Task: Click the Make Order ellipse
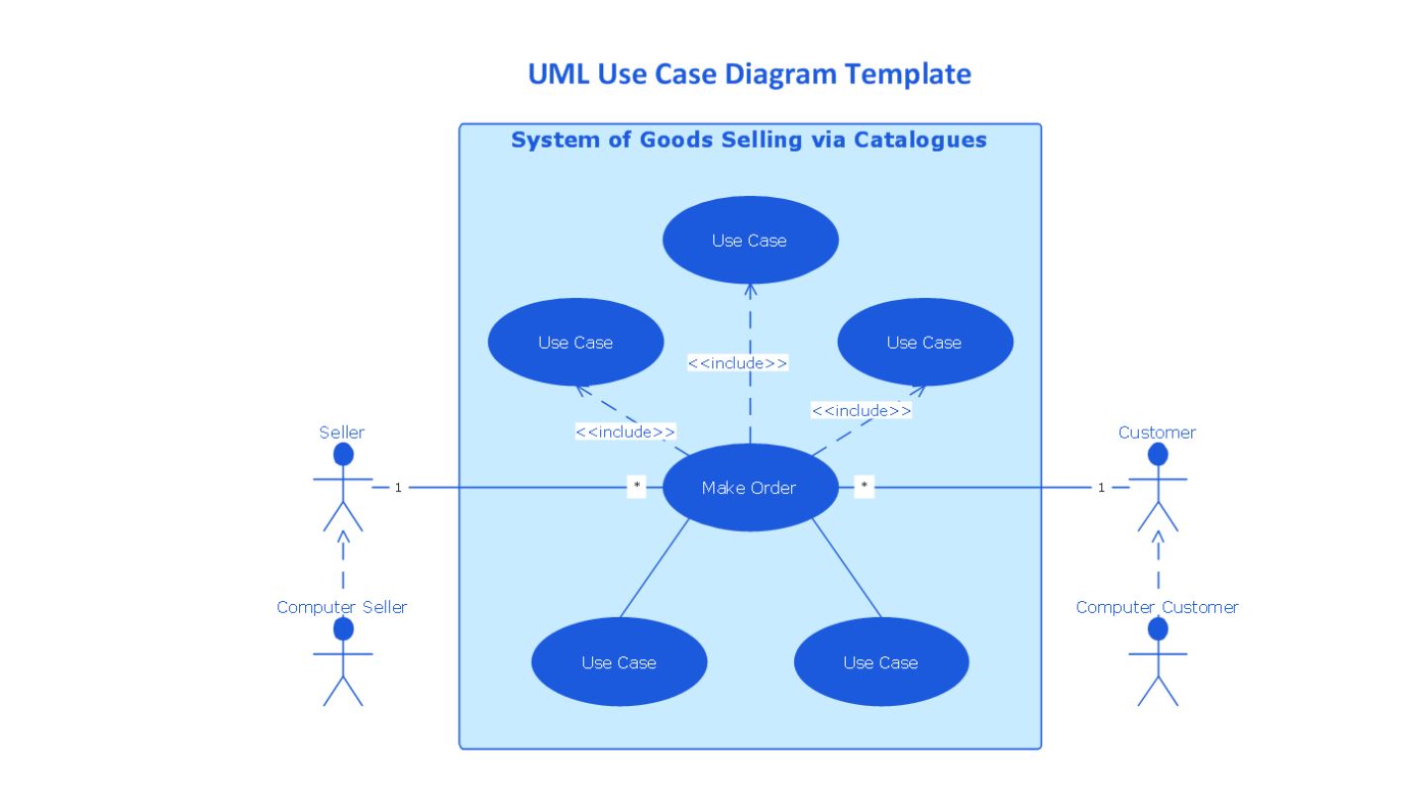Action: point(750,487)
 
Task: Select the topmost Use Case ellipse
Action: point(750,240)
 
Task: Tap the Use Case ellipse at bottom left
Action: point(619,662)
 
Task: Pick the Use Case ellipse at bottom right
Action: point(881,662)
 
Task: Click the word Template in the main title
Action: point(908,74)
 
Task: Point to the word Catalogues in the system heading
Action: point(920,140)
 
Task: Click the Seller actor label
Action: point(342,433)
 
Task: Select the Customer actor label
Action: point(1157,433)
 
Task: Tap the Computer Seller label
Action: point(342,607)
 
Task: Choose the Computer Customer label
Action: point(1157,607)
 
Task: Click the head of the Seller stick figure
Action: point(343,454)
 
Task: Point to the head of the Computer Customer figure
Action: point(1158,629)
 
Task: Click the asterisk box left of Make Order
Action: point(637,486)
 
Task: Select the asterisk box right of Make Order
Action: point(864,486)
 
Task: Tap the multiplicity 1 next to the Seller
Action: point(398,487)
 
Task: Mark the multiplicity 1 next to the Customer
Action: point(1101,487)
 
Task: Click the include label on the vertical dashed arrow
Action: point(738,362)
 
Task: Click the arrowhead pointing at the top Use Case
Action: point(751,290)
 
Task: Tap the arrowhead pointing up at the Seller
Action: point(343,537)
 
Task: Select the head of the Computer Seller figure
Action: point(343,629)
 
